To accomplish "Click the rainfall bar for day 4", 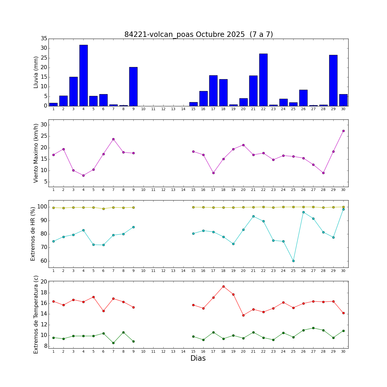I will point(83,75).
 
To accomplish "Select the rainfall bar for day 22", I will point(263,80).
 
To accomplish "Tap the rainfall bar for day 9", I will point(133,86).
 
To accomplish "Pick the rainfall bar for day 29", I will point(333,80).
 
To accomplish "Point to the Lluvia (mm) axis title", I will point(36,72).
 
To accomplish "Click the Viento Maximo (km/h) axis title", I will point(36,153).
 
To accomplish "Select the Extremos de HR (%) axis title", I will point(33,234).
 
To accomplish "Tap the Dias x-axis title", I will point(198,358).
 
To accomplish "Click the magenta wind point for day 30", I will point(343,131).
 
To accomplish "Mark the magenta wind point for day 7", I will point(113,139).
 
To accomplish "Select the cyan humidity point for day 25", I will point(293,261).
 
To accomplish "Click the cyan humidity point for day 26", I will point(303,212).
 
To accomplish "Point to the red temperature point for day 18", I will point(223,286).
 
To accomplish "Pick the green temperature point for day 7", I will point(113,343).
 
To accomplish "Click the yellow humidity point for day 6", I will point(103,209).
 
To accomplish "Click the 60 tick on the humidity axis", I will point(44,261).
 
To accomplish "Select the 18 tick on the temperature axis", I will point(44,293).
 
